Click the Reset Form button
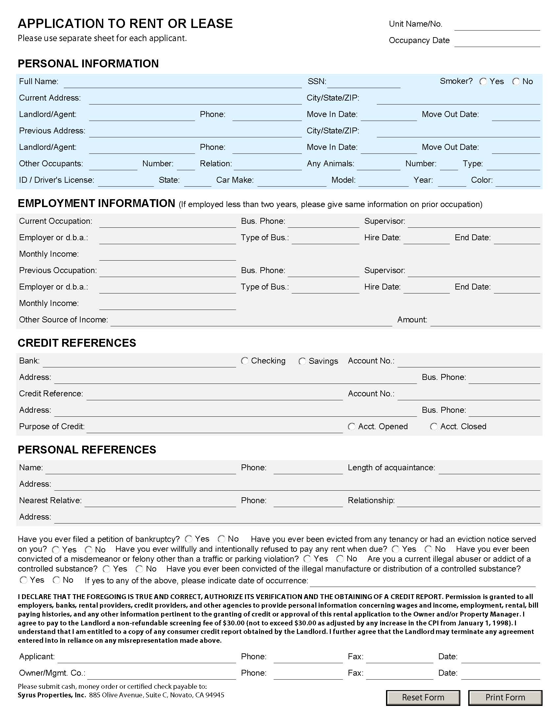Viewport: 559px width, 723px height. click(423, 697)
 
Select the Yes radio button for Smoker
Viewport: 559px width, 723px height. click(483, 82)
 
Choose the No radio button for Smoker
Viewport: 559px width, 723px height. click(516, 82)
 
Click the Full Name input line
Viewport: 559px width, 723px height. click(182, 83)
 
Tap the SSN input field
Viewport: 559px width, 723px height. click(364, 83)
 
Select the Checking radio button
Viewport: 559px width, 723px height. click(245, 361)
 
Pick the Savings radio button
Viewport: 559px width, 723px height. click(302, 361)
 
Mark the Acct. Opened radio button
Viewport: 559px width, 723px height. click(352, 426)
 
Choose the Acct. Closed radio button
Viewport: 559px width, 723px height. click(434, 426)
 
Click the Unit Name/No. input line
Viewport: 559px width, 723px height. click(497, 25)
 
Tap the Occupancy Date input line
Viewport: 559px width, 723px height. click(497, 42)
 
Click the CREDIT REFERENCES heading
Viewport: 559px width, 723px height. click(77, 343)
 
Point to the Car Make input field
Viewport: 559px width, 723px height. click(292, 181)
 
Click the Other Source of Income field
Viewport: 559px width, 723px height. click(251, 321)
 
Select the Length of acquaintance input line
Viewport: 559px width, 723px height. click(489, 469)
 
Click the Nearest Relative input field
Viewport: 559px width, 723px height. click(160, 502)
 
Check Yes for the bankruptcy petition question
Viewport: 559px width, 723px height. click(189, 539)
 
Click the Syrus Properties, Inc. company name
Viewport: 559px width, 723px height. click(52, 695)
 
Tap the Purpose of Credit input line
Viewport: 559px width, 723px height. click(215, 428)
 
